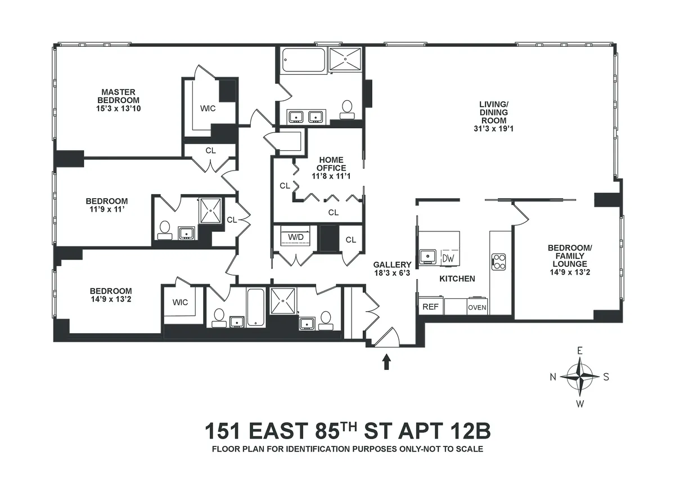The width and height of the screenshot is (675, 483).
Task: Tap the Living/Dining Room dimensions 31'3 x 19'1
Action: tap(493, 128)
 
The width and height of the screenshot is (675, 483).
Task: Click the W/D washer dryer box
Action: tap(295, 237)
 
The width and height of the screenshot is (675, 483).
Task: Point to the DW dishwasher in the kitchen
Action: tap(448, 257)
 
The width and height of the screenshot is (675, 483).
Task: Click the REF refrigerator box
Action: tap(430, 307)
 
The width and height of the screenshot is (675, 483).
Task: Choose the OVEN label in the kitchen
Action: tap(477, 307)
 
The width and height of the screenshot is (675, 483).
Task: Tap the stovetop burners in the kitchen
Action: tap(499, 260)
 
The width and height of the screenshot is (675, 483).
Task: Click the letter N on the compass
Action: tap(553, 377)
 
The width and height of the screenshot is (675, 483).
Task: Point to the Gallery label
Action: tap(392, 265)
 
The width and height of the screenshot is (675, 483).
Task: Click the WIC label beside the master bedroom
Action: tap(208, 108)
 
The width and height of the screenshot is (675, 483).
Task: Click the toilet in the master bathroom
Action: tap(347, 108)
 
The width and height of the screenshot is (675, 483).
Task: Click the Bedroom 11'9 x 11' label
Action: tap(106, 205)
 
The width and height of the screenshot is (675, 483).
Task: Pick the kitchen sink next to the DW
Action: tap(429, 257)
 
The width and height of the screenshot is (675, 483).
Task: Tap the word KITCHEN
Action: tap(457, 279)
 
